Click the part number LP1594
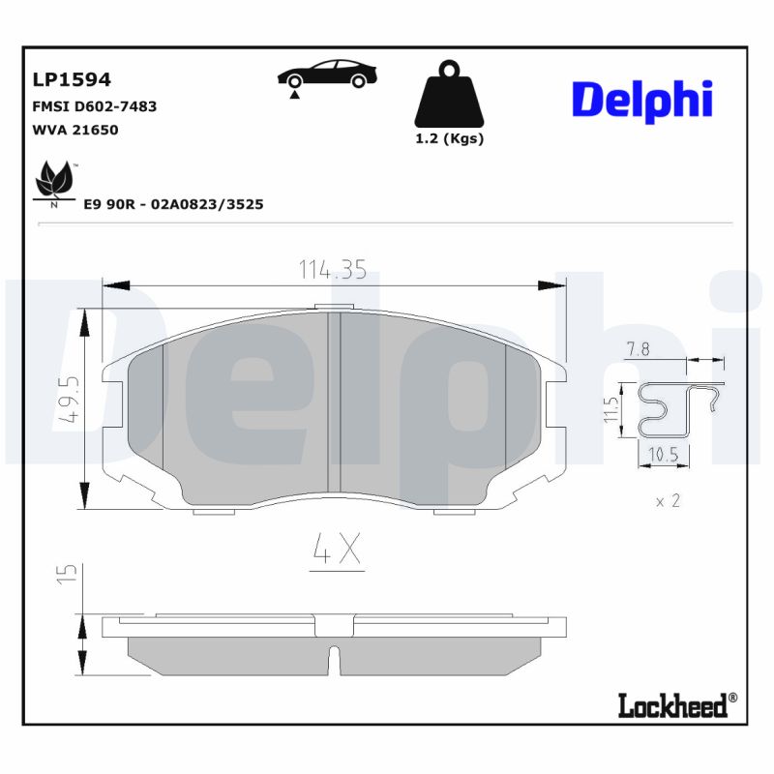pyautogui.click(x=72, y=79)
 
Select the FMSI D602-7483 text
pyautogui.click(x=95, y=106)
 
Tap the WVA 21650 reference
pyautogui.click(x=75, y=130)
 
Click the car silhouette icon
pyautogui.click(x=326, y=74)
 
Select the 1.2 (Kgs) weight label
pyautogui.click(x=449, y=138)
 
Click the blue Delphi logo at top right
pyautogui.click(x=642, y=101)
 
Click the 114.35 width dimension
pyautogui.click(x=332, y=271)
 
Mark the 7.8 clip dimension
pyautogui.click(x=638, y=350)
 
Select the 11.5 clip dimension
pyautogui.click(x=610, y=411)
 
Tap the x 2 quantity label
pyautogui.click(x=669, y=501)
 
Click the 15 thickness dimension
pyautogui.click(x=66, y=574)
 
